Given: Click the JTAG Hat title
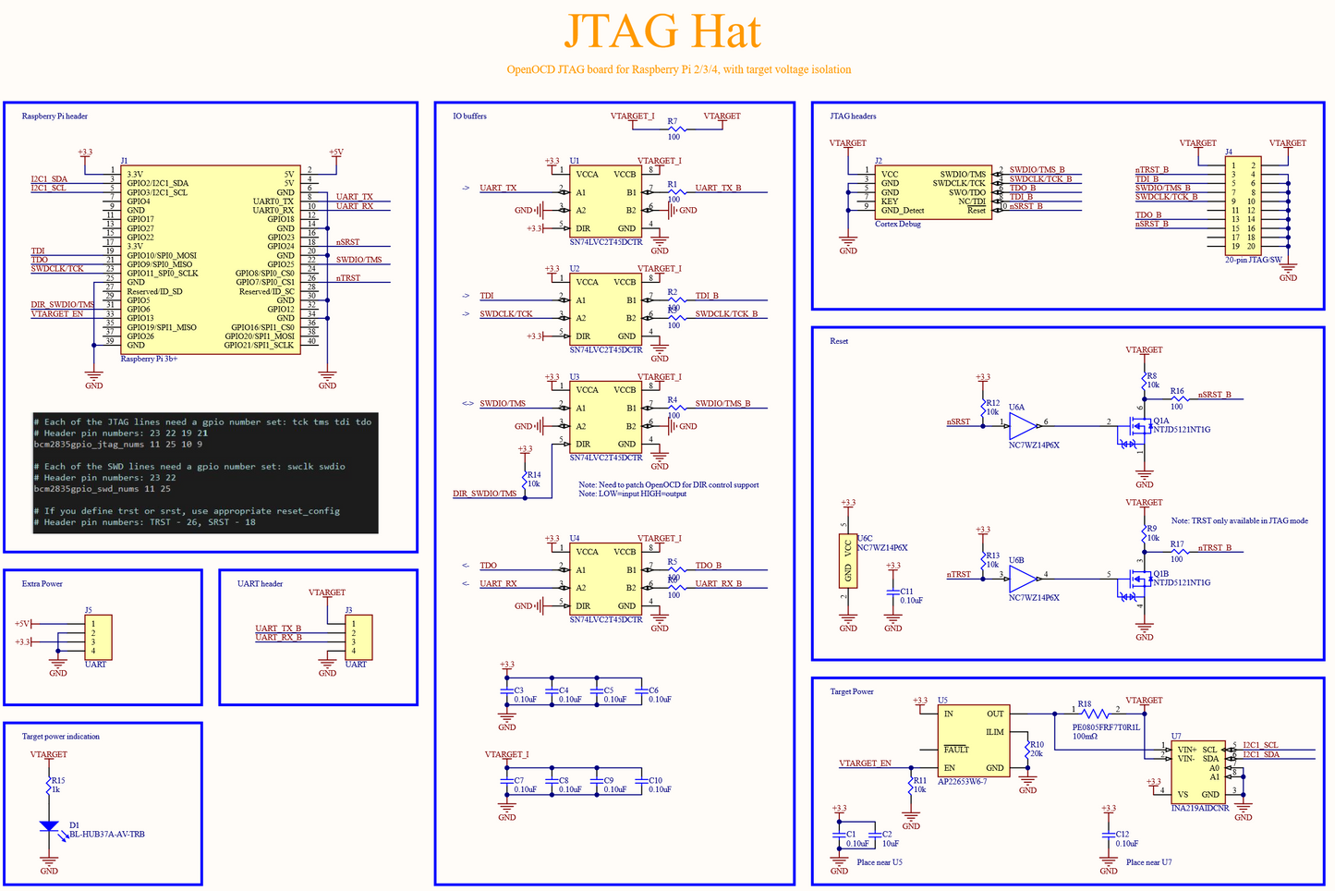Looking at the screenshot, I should click(661, 31).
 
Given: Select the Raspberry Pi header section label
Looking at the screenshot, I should click(55, 116).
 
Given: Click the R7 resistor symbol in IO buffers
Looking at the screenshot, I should click(674, 129).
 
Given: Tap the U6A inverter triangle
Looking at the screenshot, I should click(1023, 426).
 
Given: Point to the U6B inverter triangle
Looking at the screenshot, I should click(1023, 580).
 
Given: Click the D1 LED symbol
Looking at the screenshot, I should click(49, 826).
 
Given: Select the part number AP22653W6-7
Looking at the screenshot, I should click(962, 782).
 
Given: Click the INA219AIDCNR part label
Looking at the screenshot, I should click(1199, 809).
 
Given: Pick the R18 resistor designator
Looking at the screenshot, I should click(1084, 704).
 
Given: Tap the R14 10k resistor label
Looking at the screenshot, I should click(533, 479).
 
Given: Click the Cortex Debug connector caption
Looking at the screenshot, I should click(897, 224).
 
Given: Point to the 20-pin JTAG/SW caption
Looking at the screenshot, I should click(1253, 260).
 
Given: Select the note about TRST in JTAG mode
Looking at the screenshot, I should click(1239, 521).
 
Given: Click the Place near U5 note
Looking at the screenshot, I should click(879, 862).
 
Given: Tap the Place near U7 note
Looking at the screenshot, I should click(1148, 862).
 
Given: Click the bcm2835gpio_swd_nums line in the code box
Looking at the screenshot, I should click(102, 489).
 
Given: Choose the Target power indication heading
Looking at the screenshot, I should click(60, 737).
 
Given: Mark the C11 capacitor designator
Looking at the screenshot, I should click(906, 592).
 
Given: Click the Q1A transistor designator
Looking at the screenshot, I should click(1160, 421).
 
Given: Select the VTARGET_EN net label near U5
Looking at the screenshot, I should click(865, 763).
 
